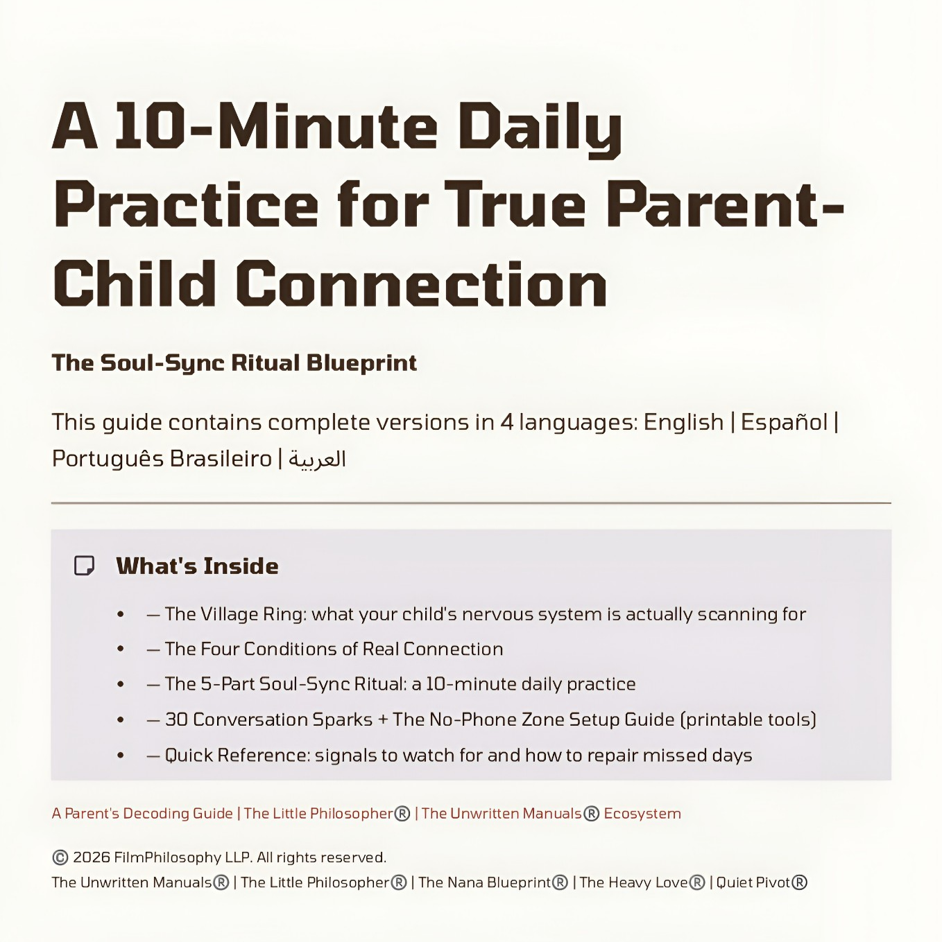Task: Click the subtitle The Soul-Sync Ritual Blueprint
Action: (234, 363)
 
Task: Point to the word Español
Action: (784, 422)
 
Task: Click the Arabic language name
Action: (316, 459)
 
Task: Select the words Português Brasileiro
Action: (162, 459)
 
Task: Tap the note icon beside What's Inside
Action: (84, 566)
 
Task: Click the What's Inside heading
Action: (197, 566)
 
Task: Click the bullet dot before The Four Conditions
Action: (121, 649)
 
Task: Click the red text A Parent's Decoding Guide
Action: (142, 814)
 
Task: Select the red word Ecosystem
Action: (642, 814)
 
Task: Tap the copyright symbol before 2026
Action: (60, 857)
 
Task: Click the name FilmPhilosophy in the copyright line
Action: (167, 858)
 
